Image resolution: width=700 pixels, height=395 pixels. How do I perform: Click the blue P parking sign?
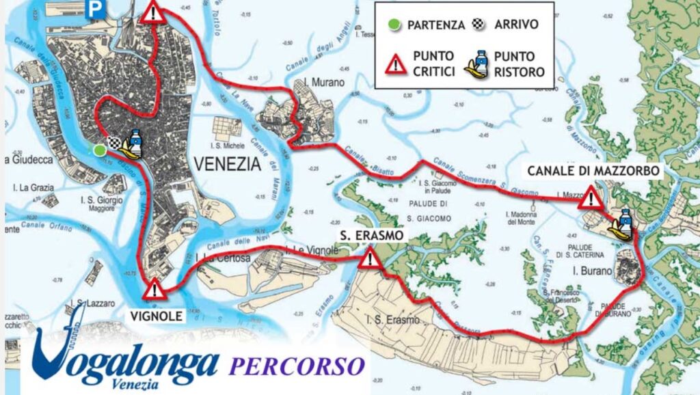96,9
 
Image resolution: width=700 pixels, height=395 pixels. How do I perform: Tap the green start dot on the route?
100,150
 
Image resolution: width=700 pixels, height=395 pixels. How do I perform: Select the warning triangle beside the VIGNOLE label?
154,288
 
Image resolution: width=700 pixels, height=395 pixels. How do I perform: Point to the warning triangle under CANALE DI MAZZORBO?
589,199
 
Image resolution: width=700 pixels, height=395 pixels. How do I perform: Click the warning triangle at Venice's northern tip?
153,12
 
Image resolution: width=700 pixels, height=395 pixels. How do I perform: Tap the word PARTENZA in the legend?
436,25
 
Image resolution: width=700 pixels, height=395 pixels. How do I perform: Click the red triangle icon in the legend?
396,65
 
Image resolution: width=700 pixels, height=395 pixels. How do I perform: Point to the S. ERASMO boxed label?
371,236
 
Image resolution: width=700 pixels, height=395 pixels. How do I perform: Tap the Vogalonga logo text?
126,359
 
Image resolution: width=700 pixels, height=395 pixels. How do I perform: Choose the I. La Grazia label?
31,187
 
